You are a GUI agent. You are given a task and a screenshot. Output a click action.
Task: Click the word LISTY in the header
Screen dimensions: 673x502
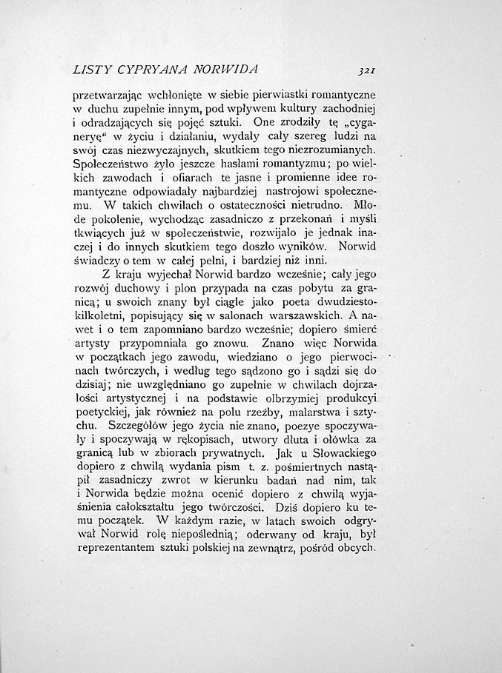pyautogui.click(x=93, y=70)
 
